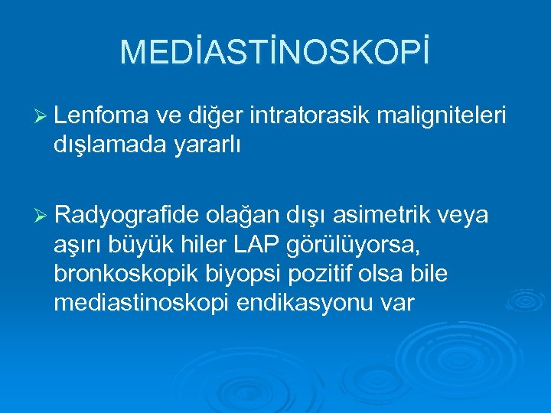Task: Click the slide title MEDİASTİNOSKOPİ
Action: pos(275,51)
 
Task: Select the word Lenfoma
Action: pos(101,115)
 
